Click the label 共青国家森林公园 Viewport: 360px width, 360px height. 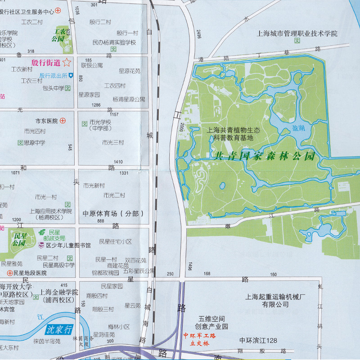point(263,157)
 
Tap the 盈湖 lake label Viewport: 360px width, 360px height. point(298,128)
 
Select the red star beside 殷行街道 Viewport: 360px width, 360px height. point(67,63)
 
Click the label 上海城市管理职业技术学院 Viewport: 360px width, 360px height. point(297,33)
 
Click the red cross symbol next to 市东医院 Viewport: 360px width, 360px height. point(63,121)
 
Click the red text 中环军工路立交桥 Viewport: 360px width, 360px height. point(200,339)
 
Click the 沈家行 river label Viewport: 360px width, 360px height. point(59,329)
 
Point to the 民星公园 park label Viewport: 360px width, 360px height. point(19,239)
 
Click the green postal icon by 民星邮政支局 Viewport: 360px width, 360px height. point(42,232)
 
